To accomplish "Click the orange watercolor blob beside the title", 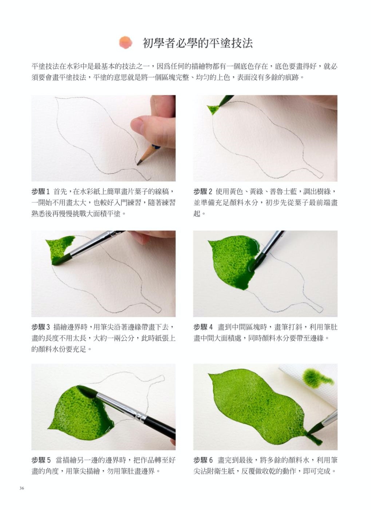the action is pos(126,42).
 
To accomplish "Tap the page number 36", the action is pos(22,488).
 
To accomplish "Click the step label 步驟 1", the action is pos(40,192).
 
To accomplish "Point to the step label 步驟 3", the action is pos(40,327).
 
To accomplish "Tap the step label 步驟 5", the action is pos(41,460).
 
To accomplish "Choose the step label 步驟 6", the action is pos(203,460).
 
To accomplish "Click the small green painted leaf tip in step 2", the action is pos(214,110).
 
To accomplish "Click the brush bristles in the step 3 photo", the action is pos(62,260).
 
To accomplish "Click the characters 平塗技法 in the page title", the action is pos(230,43).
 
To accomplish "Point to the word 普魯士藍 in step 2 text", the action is pos(283,192).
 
